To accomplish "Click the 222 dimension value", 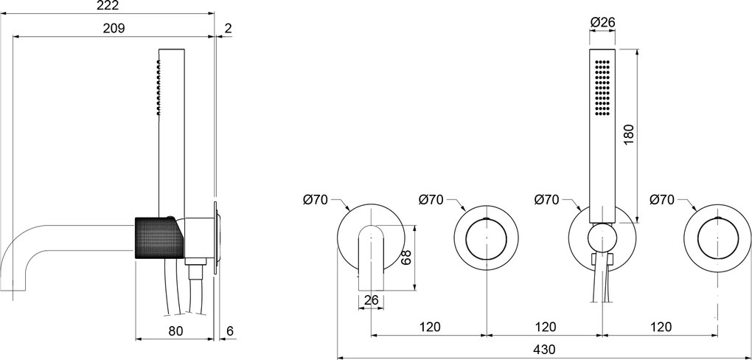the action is (108, 6).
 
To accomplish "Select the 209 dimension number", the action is (114, 28).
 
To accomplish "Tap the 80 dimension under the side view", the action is (176, 330).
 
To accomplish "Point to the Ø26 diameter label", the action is (603, 21).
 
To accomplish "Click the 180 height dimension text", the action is (629, 135).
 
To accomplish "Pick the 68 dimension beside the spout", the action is (406, 257).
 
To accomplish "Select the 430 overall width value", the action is (544, 349).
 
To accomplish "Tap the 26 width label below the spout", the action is (371, 300).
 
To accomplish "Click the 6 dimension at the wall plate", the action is (229, 330).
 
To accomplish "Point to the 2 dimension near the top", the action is (228, 28).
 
